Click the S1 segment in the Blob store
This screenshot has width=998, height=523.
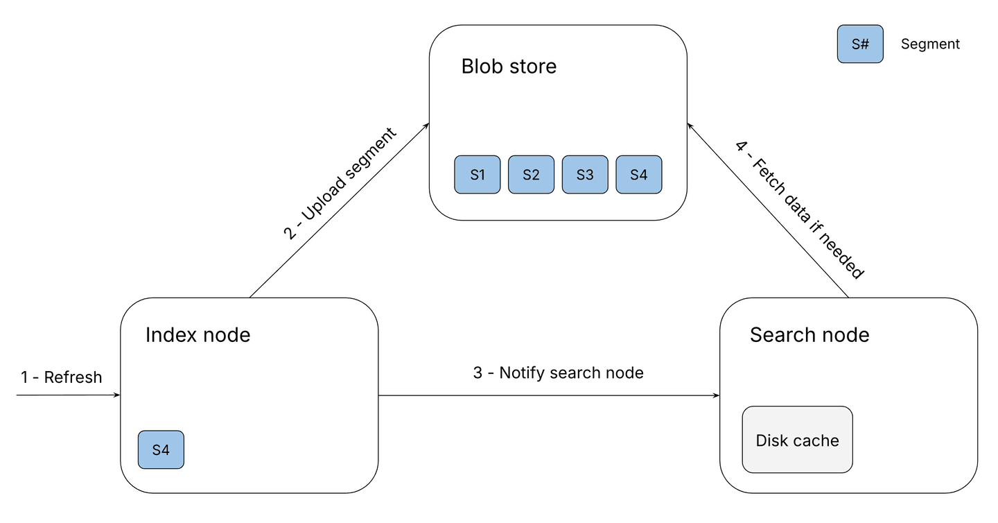[x=477, y=174]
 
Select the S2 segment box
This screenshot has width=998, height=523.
[x=531, y=174]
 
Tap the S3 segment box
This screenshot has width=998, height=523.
[x=585, y=174]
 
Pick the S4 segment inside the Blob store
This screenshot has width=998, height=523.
[x=638, y=174]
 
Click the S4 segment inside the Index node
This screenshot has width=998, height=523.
[x=161, y=449]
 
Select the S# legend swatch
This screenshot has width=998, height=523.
[x=860, y=44]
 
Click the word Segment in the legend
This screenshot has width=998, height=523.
[x=930, y=44]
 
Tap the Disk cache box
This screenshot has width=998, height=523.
[x=797, y=440]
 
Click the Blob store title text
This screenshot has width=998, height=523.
[x=509, y=67]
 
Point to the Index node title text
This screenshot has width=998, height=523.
[x=198, y=335]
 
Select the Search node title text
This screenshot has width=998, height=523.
[x=809, y=335]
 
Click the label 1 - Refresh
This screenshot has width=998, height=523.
[x=61, y=377]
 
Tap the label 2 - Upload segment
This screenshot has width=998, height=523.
[x=340, y=184]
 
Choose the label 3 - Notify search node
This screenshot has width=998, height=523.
[x=558, y=372]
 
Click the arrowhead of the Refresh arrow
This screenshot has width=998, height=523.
[x=116, y=395]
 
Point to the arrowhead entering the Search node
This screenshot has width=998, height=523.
[x=716, y=396]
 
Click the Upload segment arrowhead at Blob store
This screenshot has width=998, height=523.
[x=426, y=126]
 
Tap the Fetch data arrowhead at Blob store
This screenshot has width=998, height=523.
[x=690, y=125]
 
